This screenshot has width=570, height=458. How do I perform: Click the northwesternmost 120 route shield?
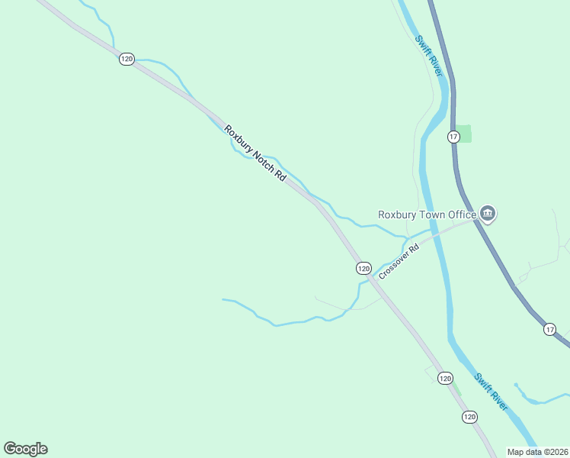coord(126,59)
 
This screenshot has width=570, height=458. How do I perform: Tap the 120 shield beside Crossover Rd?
coord(363,268)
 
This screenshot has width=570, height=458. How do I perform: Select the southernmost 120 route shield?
coord(469,416)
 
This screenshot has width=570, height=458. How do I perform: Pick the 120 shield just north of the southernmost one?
coord(445,378)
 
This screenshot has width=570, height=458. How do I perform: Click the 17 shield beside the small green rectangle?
coord(453,137)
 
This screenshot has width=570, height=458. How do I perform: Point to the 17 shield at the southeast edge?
coord(549,329)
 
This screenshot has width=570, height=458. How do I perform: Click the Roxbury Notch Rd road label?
coord(255,153)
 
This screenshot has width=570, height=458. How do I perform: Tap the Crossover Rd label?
coord(399,261)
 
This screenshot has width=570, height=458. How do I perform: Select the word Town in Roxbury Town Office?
coord(432,214)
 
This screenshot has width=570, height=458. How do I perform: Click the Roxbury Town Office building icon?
coord(488,214)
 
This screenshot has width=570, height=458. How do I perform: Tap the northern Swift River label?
coord(429,56)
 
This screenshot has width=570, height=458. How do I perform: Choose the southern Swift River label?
coord(491,391)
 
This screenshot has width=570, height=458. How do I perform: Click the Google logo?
coord(25,449)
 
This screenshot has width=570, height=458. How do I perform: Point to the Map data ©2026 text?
coord(538,452)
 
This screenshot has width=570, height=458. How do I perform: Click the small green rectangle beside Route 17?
coord(464,134)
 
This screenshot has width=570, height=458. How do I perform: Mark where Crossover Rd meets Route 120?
coord(373,279)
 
